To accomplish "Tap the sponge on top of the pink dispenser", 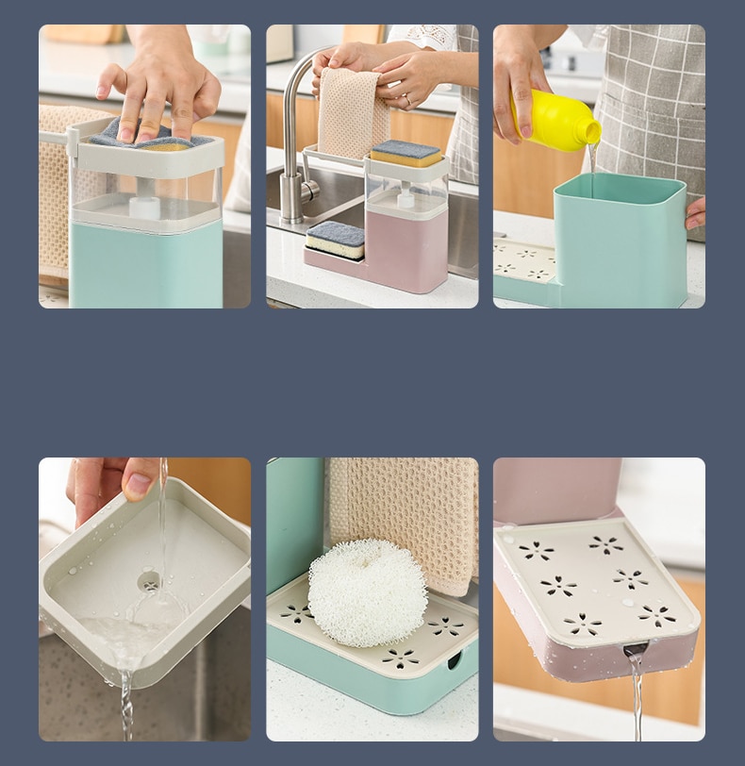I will tap(406, 153).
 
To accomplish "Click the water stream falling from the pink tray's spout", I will tap(637, 698).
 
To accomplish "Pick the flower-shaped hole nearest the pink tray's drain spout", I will tap(582, 624).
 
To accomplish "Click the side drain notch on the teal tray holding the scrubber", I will tap(454, 659).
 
